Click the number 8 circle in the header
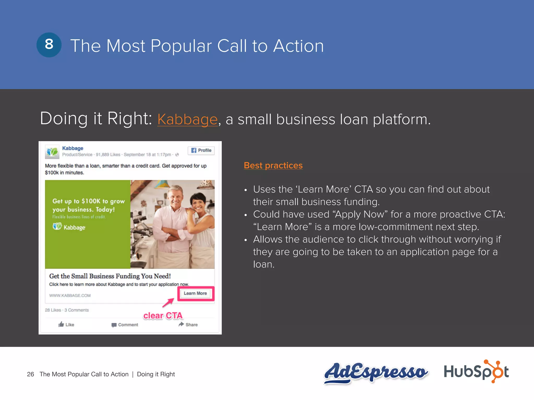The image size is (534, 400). point(49,45)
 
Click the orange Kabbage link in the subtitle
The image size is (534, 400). point(187,120)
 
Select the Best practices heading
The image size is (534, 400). point(273,165)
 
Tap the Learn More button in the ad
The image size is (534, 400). point(195,293)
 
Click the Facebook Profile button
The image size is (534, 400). point(201,151)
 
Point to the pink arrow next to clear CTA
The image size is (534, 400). point(168,303)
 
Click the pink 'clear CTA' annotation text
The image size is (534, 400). point(163,316)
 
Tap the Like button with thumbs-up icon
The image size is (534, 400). point(66,324)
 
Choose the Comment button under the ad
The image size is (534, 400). point(125,325)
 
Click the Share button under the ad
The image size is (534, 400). point(188,324)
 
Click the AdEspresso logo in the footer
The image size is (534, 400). point(375,372)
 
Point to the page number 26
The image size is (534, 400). point(31,374)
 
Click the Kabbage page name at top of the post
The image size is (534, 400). point(72,148)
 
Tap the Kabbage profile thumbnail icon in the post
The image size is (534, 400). point(52,152)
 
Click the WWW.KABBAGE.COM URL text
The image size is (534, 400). point(70,296)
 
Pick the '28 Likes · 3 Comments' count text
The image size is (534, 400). point(67,310)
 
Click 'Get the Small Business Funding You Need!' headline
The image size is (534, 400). point(110,276)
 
